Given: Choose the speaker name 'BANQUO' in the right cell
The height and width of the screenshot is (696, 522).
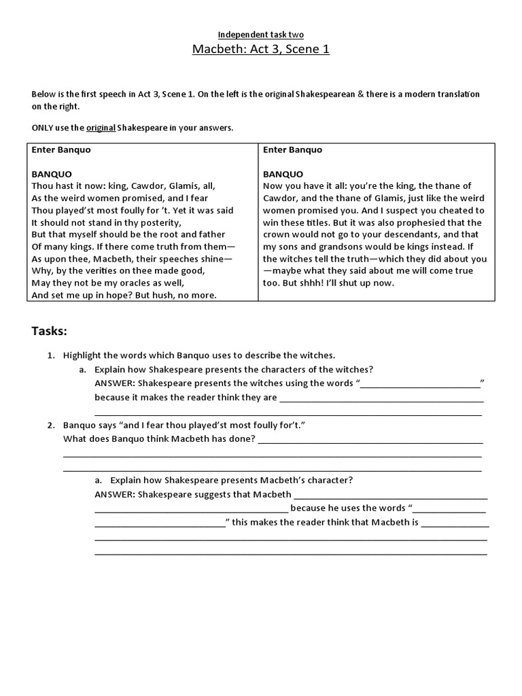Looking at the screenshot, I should pos(283,174).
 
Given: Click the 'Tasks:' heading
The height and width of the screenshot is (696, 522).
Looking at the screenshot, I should pos(50,331).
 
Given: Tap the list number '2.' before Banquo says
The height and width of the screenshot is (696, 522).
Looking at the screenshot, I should pos(51,425).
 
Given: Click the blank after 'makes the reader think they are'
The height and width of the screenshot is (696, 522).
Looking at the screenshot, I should pos(380,398).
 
